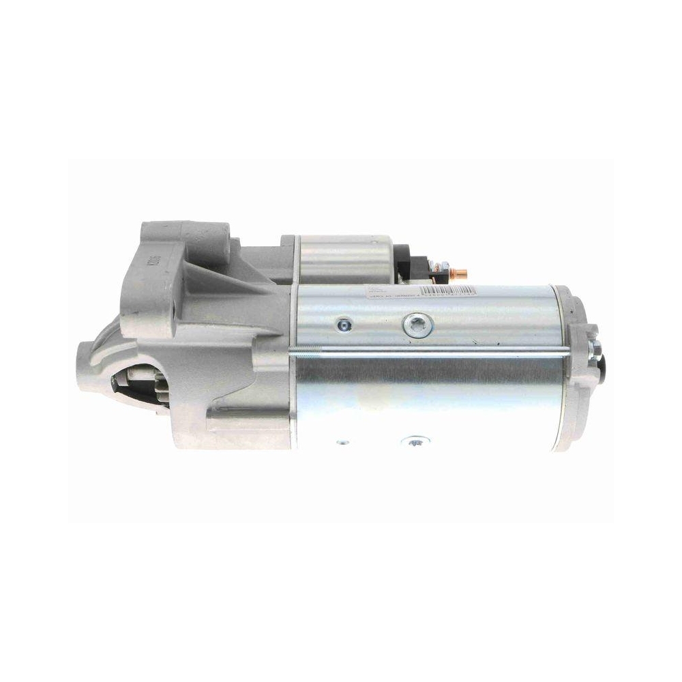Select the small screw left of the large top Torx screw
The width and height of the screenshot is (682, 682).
[343, 324]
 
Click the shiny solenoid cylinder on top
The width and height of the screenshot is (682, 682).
[344, 258]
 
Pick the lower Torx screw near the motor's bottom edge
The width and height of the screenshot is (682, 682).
[414, 444]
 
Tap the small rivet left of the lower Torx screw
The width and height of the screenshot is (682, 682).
[342, 443]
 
